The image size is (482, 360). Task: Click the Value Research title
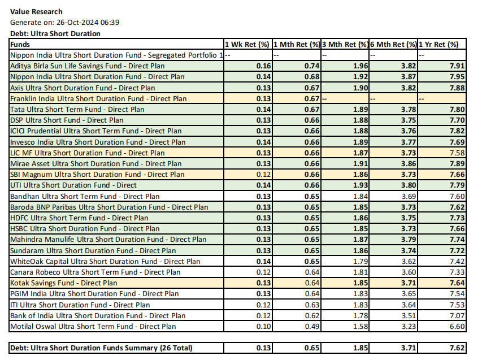tap(36, 11)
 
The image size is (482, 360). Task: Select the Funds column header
tap(20, 44)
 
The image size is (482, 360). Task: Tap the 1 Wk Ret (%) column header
tap(247, 44)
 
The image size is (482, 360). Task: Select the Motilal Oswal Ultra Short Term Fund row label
tap(93, 326)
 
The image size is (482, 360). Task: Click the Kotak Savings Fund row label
tap(64, 283)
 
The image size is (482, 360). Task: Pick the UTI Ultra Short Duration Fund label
tap(73, 185)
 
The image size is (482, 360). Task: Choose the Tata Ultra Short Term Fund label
tap(77, 109)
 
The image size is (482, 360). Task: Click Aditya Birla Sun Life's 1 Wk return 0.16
tap(263, 66)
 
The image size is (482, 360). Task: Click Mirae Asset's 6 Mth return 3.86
tap(409, 163)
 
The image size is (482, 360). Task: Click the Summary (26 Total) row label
tap(101, 348)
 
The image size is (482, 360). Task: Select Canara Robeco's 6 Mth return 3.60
tap(409, 272)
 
